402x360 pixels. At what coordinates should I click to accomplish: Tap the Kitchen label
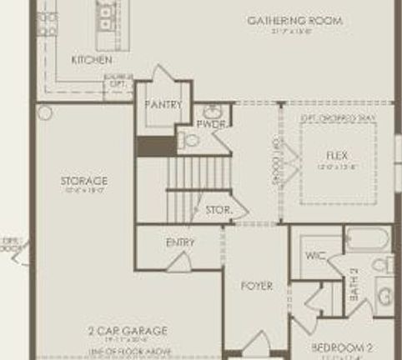point(92,60)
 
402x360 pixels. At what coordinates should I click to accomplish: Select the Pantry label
point(163,104)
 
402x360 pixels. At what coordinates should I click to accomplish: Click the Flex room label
point(337,156)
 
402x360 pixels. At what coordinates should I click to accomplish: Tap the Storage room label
point(83,181)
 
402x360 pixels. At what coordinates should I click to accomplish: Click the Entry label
point(180,242)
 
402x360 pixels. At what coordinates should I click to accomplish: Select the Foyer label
point(257,286)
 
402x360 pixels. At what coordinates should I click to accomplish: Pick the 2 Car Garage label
point(128,331)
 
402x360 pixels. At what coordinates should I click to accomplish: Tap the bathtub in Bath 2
point(368,241)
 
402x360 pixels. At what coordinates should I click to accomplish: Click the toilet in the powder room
point(191,139)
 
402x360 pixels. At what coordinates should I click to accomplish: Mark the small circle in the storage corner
point(45,112)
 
